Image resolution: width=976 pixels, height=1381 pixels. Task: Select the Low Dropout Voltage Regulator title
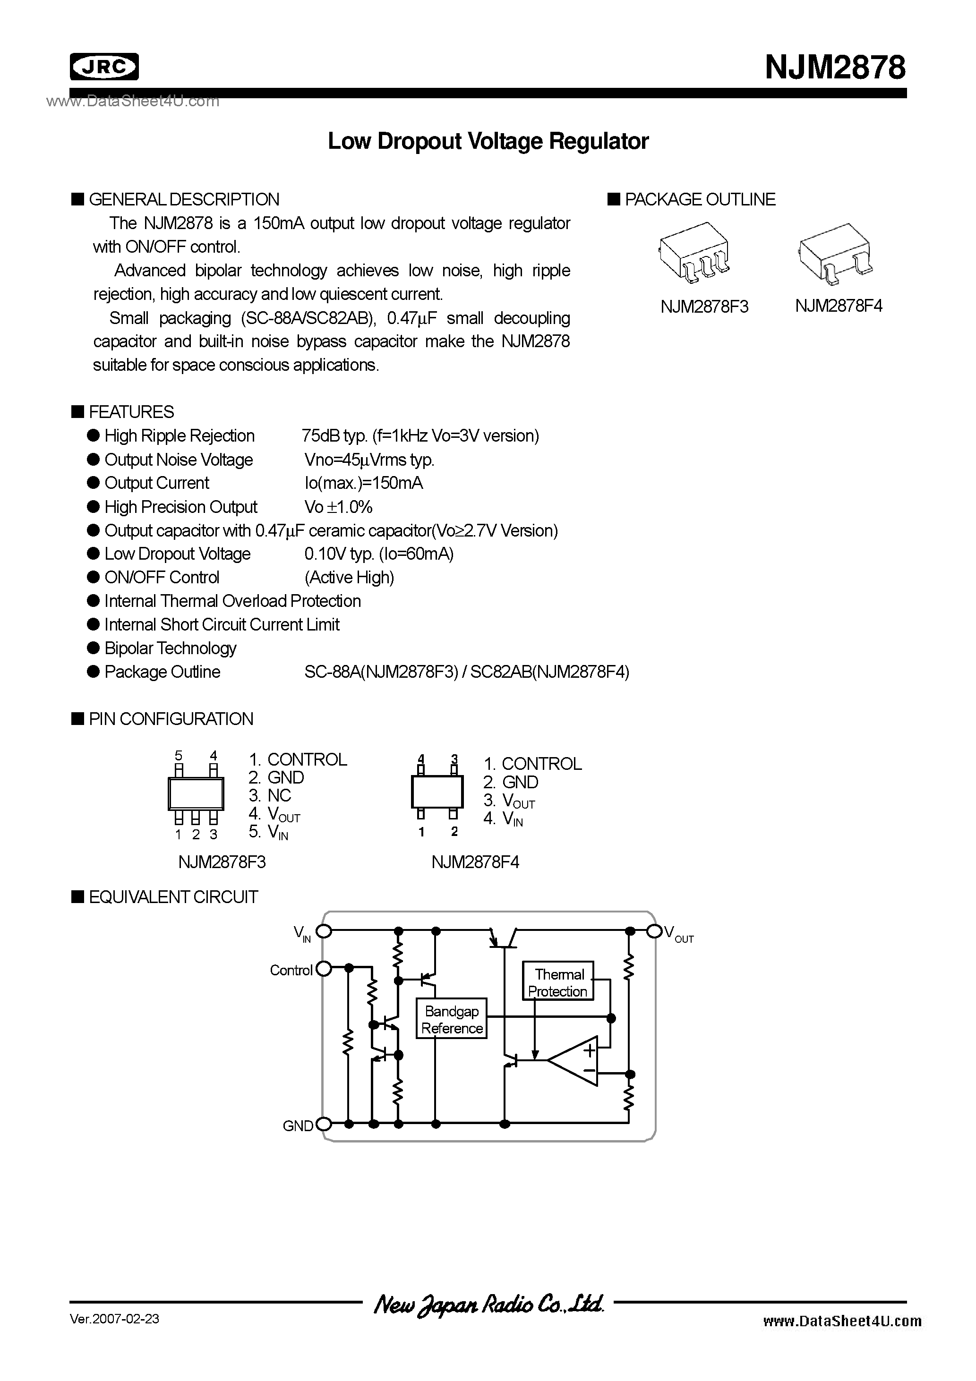tap(488, 141)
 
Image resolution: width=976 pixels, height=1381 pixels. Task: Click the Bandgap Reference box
tap(451, 1020)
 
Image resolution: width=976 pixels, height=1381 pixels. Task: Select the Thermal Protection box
tap(558, 982)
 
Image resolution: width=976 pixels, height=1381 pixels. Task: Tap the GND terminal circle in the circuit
tap(324, 1124)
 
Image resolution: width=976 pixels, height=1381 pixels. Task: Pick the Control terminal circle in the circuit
tap(324, 969)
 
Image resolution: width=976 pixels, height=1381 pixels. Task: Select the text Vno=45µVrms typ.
tap(369, 460)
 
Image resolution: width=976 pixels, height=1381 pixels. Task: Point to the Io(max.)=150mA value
tap(363, 484)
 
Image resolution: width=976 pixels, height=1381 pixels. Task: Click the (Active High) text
tap(349, 578)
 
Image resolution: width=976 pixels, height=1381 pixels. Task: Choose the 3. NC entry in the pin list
tap(270, 796)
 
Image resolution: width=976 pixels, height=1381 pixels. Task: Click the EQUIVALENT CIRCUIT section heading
tap(173, 897)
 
